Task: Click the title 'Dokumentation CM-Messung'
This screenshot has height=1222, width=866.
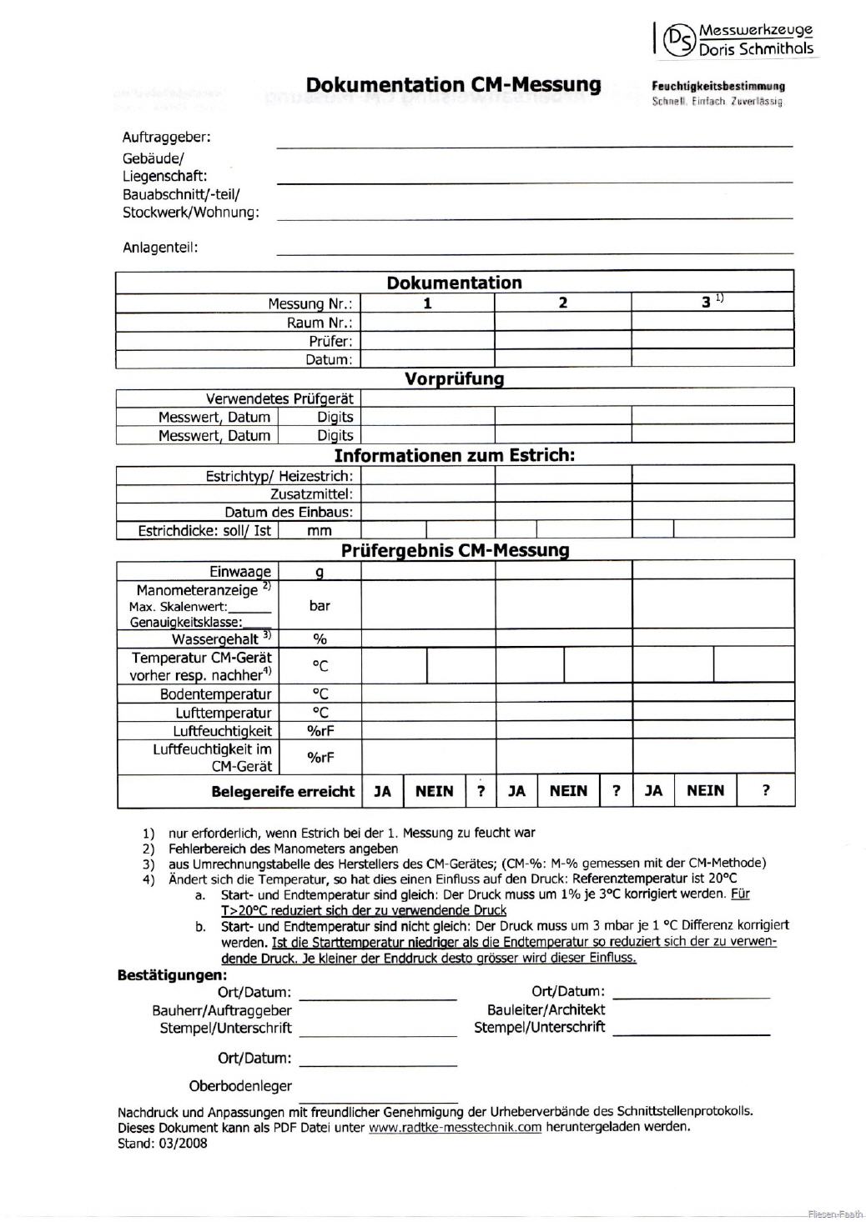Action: click(x=453, y=85)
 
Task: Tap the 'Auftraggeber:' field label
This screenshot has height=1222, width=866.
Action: click(x=167, y=137)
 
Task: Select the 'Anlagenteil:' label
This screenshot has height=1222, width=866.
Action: click(x=160, y=247)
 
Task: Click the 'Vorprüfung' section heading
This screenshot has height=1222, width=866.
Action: click(x=454, y=378)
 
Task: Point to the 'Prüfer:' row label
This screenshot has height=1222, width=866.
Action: click(x=330, y=341)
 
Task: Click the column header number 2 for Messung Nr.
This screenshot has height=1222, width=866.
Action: click(x=562, y=303)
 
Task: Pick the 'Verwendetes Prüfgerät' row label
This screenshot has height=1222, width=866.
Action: click(x=279, y=398)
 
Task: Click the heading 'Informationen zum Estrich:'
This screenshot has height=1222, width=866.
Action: click(x=454, y=455)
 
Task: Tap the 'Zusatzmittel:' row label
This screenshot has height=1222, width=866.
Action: click(x=311, y=494)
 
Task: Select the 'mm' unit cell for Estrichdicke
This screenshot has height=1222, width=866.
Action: click(x=320, y=530)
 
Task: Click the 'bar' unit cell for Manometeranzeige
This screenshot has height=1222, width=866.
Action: click(x=320, y=606)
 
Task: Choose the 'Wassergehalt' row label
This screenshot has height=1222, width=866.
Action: click(x=215, y=639)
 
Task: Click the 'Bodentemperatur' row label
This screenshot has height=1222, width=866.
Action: click(x=215, y=694)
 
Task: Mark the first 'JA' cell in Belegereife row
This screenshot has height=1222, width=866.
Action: click(x=382, y=791)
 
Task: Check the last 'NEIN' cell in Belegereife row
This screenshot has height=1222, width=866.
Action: click(x=705, y=790)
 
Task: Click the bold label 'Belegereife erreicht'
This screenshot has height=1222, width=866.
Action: click(x=283, y=791)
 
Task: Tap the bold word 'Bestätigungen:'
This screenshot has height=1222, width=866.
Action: click(x=172, y=974)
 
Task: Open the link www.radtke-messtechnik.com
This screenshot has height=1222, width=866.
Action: click(x=455, y=1127)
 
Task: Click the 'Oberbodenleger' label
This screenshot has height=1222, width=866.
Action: click(x=240, y=1085)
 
